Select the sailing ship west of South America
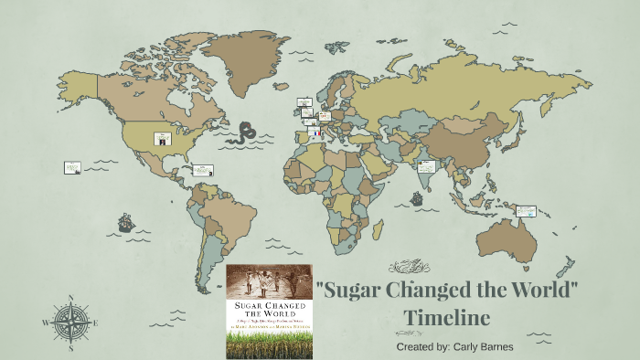[x=124, y=222]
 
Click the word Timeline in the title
[x=449, y=317]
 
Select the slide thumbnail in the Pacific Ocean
[x=72, y=168]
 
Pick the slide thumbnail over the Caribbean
[x=202, y=170]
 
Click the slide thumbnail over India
[x=426, y=167]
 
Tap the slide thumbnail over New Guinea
[x=526, y=209]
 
